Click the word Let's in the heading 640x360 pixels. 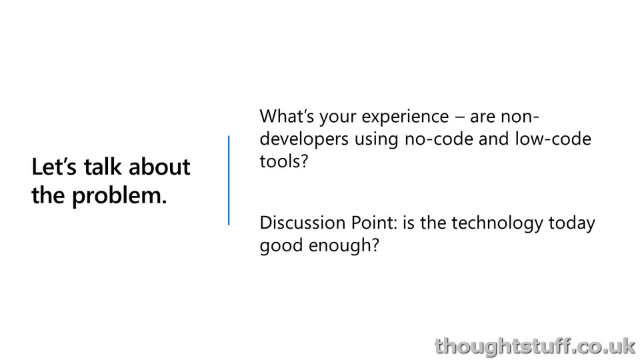click(54, 167)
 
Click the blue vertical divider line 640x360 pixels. click(229, 181)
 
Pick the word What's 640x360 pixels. click(287, 116)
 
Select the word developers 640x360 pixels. click(304, 139)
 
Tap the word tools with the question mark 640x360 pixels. click(284, 161)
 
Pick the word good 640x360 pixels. click(281, 246)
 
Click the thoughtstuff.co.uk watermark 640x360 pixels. click(535, 346)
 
